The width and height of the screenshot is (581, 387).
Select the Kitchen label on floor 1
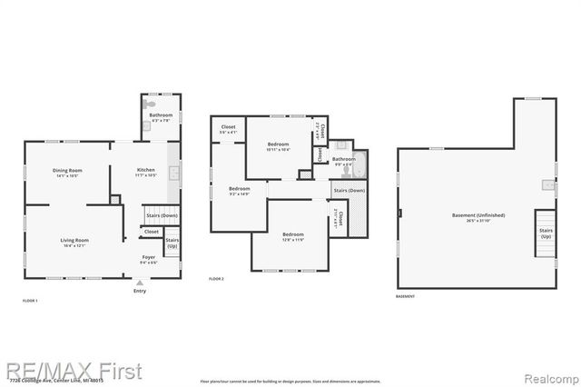(x=146, y=171)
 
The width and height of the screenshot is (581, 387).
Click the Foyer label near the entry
(x=149, y=257)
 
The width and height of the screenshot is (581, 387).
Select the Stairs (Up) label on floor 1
(x=172, y=243)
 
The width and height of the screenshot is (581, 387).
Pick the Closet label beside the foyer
(x=151, y=232)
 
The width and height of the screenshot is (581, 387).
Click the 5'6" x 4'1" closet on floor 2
(x=228, y=129)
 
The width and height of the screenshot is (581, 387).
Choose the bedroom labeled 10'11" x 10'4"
(x=279, y=145)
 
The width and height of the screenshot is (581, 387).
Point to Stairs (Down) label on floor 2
(x=349, y=191)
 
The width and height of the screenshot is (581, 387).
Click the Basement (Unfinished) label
(x=478, y=216)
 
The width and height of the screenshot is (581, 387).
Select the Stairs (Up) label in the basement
(x=546, y=233)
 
